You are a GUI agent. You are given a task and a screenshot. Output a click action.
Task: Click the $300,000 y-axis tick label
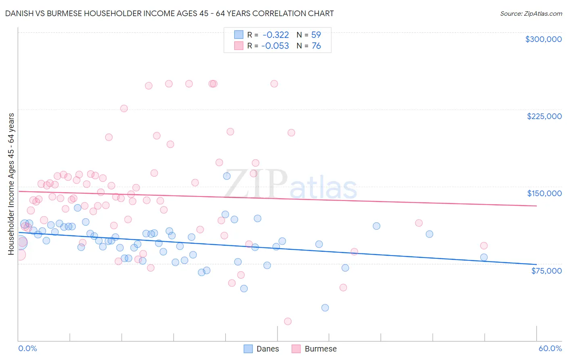(x=543, y=39)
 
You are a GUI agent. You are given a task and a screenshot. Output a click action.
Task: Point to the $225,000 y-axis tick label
(x=544, y=116)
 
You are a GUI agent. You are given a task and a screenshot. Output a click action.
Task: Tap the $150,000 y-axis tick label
(x=544, y=193)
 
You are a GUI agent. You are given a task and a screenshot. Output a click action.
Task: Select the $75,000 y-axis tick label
(x=546, y=271)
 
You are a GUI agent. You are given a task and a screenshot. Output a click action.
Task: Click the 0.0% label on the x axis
(x=27, y=348)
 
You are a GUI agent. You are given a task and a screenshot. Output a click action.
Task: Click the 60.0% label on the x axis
(x=550, y=348)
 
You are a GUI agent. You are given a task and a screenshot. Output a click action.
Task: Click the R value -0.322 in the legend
(x=275, y=35)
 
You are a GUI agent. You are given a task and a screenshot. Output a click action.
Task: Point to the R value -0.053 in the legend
(x=275, y=46)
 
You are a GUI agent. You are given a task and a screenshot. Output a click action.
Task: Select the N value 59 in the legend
(x=316, y=35)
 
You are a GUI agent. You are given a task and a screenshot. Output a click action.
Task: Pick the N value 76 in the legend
(x=316, y=46)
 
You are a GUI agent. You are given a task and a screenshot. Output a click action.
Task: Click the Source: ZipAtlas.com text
(x=531, y=13)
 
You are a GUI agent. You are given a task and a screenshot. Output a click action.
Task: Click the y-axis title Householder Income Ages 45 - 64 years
(x=11, y=184)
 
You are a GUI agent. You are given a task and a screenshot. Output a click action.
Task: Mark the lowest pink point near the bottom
(x=288, y=321)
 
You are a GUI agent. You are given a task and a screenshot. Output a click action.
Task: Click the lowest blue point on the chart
(x=325, y=308)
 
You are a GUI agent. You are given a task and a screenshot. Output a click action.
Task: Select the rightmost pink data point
(x=484, y=245)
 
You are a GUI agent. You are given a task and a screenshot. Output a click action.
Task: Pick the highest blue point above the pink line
(x=227, y=176)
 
